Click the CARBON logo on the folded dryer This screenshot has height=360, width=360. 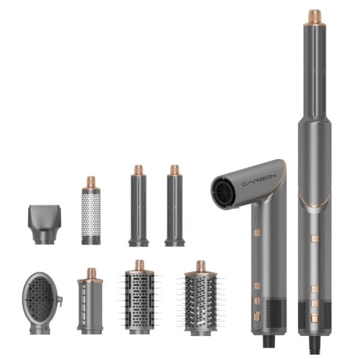259,180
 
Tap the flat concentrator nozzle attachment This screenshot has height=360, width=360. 44,224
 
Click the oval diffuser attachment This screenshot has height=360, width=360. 41,302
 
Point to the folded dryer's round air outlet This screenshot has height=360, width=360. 223,193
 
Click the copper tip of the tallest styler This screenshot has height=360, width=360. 314,17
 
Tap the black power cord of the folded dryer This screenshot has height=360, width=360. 269,341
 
